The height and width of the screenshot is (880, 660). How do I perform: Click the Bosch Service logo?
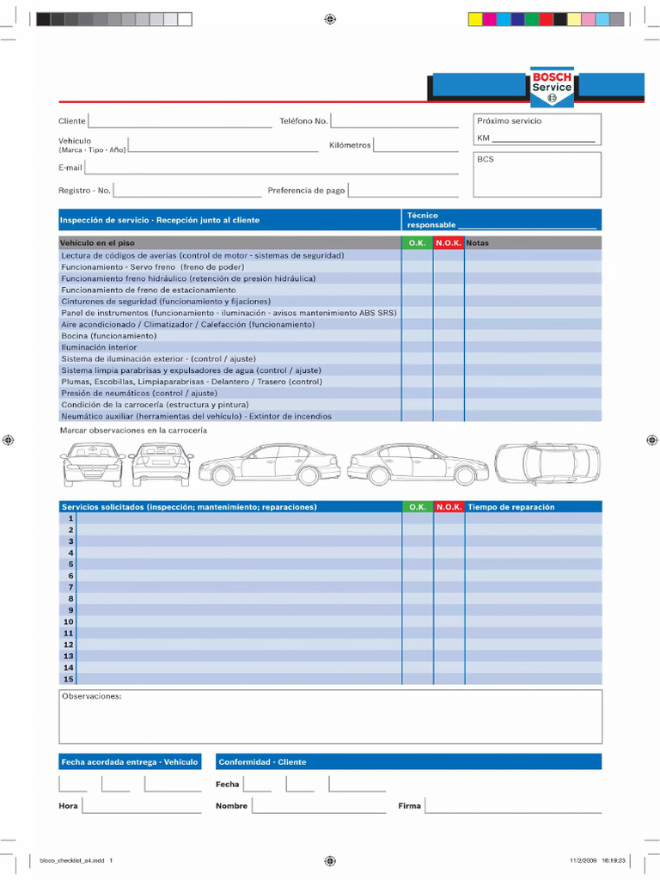(551, 87)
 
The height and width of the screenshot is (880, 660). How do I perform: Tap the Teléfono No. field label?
(302, 121)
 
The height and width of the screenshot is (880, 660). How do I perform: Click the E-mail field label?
(70, 168)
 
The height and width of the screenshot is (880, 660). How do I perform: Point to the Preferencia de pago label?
(305, 191)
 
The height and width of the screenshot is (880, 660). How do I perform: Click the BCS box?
(537, 174)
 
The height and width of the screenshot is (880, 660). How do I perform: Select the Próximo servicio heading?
(510, 121)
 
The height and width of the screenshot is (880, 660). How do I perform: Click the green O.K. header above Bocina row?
(417, 243)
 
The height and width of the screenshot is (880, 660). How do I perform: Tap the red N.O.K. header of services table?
(449, 507)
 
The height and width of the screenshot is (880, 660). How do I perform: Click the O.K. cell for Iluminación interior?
(417, 347)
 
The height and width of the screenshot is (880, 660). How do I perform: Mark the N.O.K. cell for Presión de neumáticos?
(449, 393)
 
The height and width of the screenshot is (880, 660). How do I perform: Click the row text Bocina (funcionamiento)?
(108, 336)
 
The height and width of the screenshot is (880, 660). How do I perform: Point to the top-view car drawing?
(547, 464)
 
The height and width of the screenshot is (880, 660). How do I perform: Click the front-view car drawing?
(92, 464)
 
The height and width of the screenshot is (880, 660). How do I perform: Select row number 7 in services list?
(70, 587)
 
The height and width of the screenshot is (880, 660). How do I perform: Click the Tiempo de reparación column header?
(511, 507)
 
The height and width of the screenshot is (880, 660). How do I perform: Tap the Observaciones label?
(91, 696)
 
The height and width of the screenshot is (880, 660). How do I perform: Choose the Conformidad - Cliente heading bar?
(408, 761)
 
